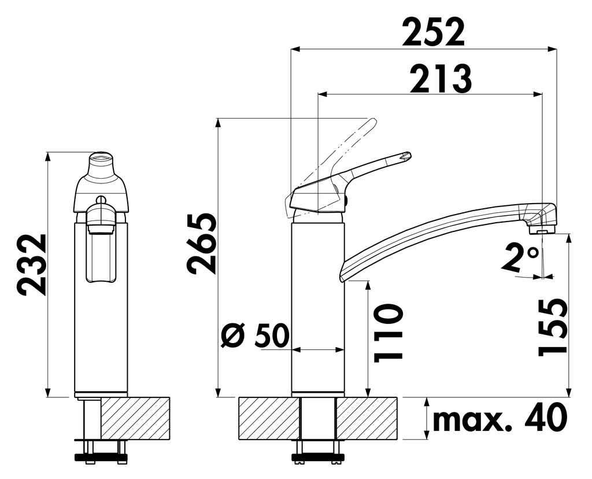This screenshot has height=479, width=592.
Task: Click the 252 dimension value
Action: [434, 32]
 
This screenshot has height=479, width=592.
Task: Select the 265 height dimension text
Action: [202, 243]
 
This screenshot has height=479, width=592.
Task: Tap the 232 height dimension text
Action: [32, 264]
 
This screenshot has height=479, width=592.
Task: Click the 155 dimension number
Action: [552, 327]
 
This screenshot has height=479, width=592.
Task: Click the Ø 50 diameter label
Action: [255, 336]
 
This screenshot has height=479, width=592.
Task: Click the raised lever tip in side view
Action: [406, 156]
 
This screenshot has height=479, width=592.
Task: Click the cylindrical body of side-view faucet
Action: [318, 307]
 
